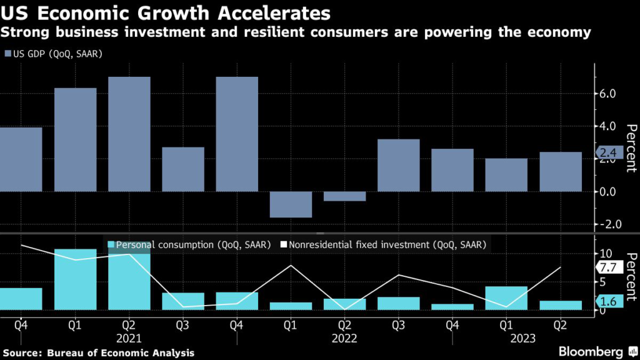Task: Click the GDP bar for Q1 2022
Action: [x=291, y=204]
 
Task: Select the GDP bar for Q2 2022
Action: [x=344, y=196]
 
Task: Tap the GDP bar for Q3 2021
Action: [x=183, y=169]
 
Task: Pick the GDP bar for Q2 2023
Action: [x=561, y=171]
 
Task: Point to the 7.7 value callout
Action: [x=607, y=267]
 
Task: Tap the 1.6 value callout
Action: [x=607, y=302]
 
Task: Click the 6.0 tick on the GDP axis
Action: [x=608, y=94]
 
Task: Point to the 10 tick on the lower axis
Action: [x=605, y=253]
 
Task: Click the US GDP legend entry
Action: [x=53, y=54]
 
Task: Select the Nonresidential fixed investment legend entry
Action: [x=382, y=245]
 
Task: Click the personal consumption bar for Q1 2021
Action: [x=75, y=279]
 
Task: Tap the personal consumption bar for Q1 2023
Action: [x=506, y=298]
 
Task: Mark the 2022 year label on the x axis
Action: [x=345, y=339]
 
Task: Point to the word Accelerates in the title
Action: [x=273, y=12]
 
